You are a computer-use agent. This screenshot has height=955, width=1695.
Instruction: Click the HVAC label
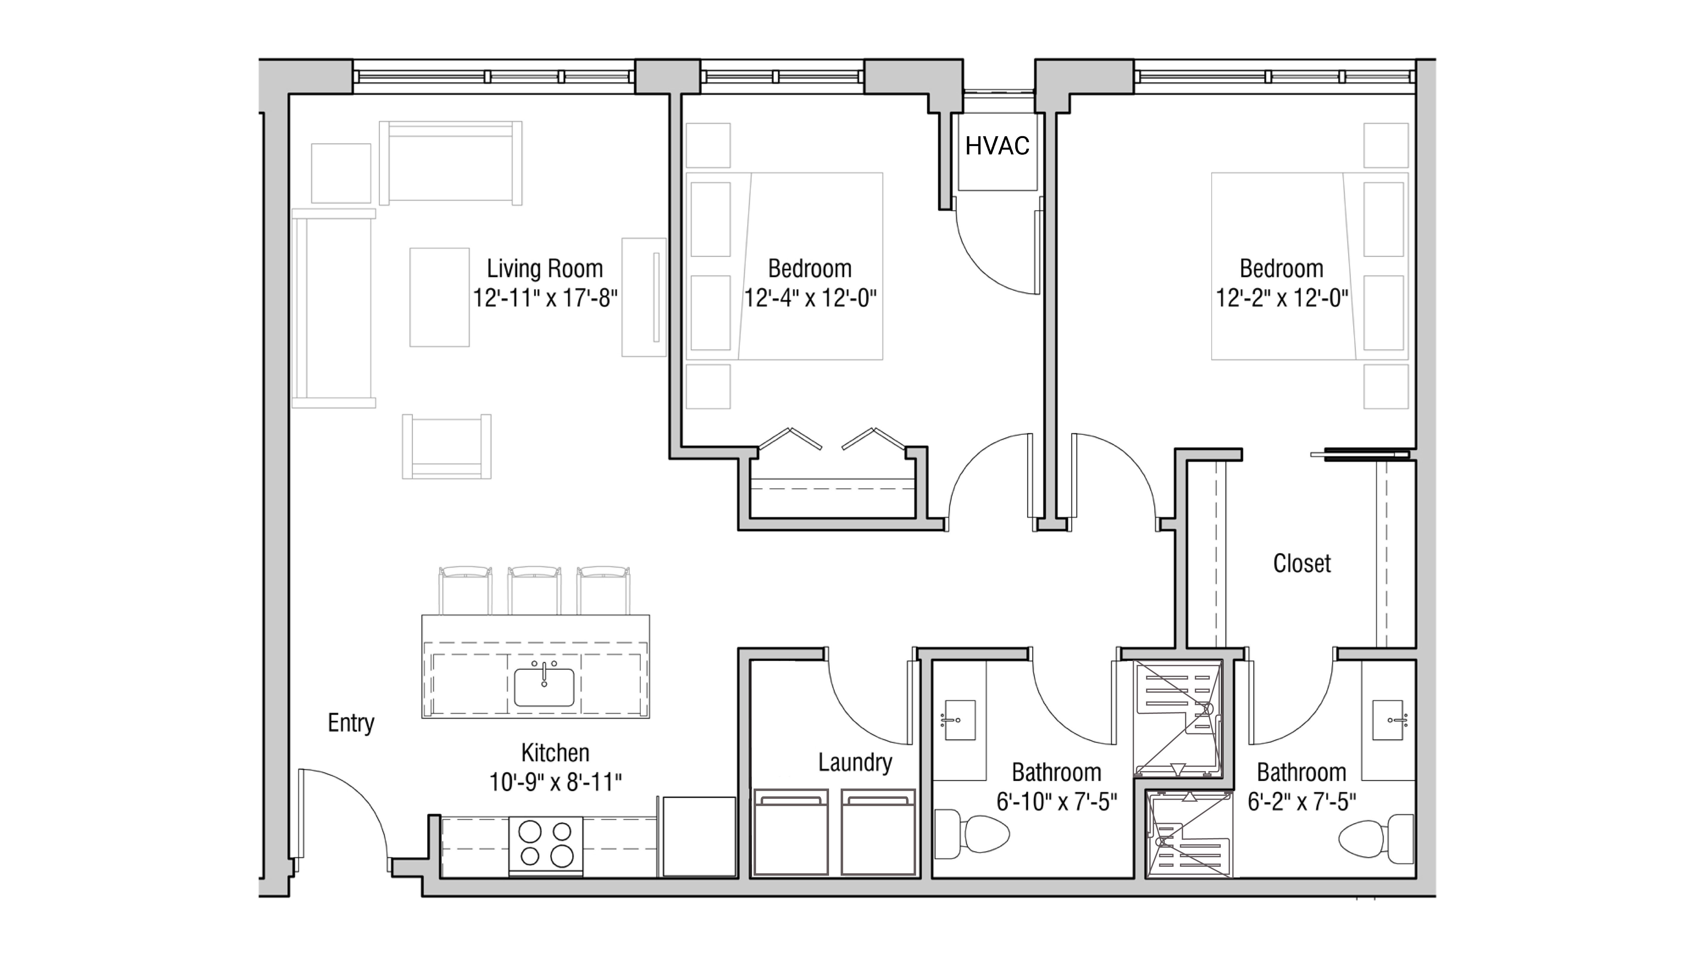[997, 145]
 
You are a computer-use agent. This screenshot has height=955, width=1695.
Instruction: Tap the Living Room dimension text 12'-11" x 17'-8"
[545, 298]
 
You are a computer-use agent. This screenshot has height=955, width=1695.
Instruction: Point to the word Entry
[351, 723]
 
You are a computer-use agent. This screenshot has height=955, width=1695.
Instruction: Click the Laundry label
[855, 762]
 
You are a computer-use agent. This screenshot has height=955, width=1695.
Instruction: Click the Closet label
[1301, 563]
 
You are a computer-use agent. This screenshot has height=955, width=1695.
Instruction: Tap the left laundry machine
[790, 833]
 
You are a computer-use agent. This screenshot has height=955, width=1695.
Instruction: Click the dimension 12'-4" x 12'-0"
[810, 298]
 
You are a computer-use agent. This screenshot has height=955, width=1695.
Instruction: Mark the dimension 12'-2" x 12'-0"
[1281, 298]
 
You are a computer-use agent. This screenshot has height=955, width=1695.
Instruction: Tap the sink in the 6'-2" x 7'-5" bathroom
[1388, 720]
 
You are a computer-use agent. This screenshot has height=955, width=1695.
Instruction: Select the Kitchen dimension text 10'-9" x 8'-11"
[555, 782]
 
